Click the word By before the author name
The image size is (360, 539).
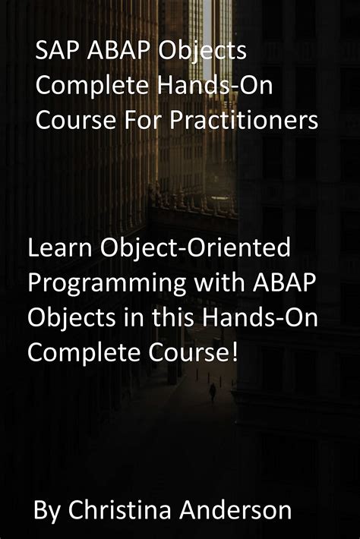coord(48,510)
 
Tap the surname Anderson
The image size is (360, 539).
coord(239,510)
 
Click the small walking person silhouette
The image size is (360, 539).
coord(213,392)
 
